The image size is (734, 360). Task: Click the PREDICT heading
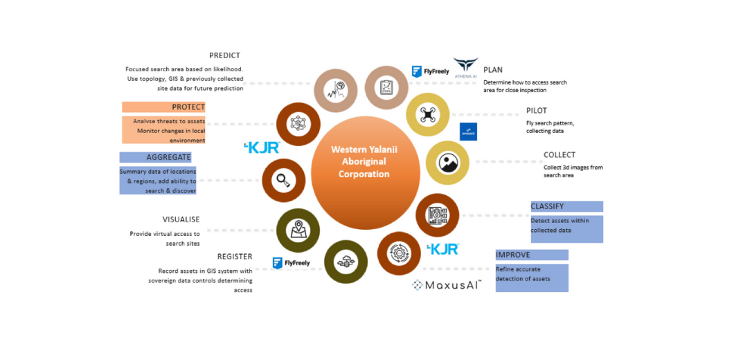tap(224, 55)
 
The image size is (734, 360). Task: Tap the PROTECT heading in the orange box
tap(188, 107)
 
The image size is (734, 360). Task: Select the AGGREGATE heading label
tap(168, 157)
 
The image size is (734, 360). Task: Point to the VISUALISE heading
tap(181, 219)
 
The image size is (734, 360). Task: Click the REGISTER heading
tap(235, 256)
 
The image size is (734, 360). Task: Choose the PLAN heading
tap(493, 70)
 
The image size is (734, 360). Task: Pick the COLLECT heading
tap(560, 155)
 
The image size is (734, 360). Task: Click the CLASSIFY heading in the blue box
tap(547, 206)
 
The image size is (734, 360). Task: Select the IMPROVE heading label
tap(513, 255)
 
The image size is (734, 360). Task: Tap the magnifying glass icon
tap(283, 181)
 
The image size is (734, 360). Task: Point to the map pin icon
tap(298, 230)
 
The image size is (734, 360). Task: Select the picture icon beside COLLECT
tap(448, 163)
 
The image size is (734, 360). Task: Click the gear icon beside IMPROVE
tap(399, 253)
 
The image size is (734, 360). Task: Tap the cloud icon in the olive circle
tap(345, 261)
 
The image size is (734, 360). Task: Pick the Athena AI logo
tap(465, 67)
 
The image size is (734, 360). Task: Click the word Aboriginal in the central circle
tap(364, 161)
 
